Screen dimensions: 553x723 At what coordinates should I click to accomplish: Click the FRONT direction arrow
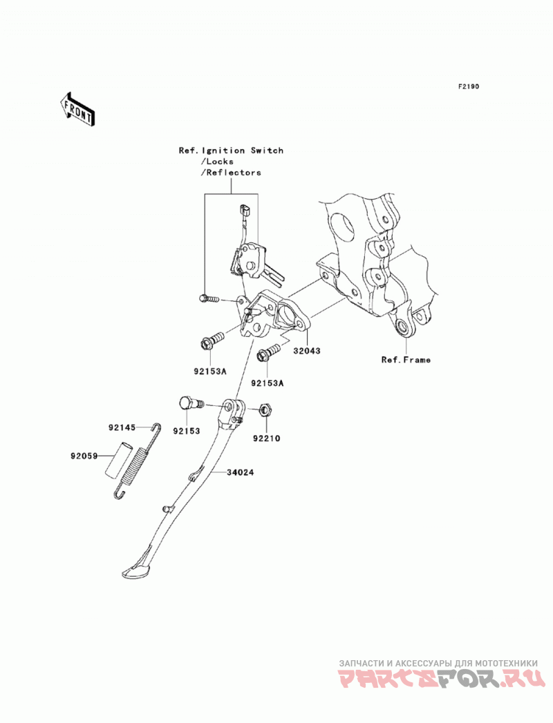(77, 109)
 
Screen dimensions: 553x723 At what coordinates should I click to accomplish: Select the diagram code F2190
(468, 86)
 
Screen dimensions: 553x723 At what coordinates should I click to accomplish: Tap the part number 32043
(306, 351)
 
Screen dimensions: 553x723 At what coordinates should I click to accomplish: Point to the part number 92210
(266, 438)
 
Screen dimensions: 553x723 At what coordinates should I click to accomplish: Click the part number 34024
(240, 472)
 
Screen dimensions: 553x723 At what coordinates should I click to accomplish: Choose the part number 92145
(122, 427)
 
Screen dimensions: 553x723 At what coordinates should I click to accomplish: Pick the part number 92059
(84, 456)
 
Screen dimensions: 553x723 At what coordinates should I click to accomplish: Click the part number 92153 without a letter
(187, 431)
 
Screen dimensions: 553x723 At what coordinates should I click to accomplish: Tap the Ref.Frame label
(406, 360)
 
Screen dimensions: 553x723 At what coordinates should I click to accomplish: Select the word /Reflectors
(231, 173)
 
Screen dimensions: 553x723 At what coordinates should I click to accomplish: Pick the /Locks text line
(217, 162)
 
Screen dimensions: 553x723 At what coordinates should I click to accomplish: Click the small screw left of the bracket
(209, 299)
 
